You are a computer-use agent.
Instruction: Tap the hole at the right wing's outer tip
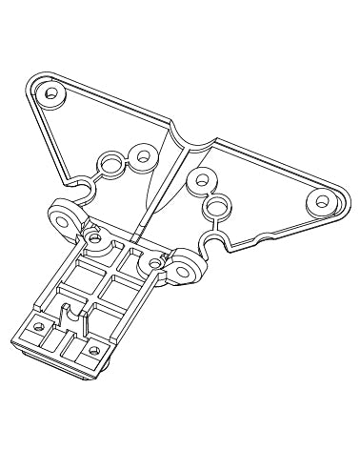click(322, 202)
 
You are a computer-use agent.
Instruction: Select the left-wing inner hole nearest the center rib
click(144, 154)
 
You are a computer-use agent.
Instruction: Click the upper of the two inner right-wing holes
click(202, 177)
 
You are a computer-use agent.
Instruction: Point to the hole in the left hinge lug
click(66, 219)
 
